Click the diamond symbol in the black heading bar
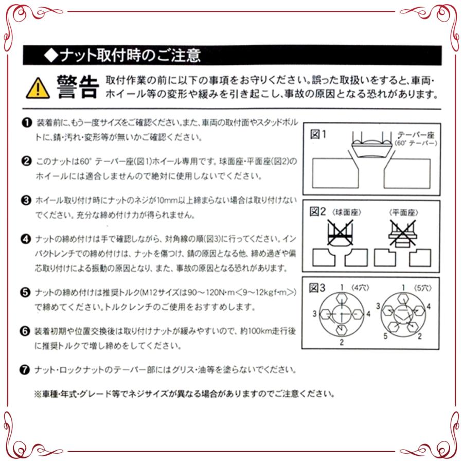pyautogui.click(x=49, y=55)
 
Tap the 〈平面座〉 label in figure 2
pyautogui.click(x=403, y=212)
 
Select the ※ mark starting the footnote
pyautogui.click(x=37, y=395)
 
